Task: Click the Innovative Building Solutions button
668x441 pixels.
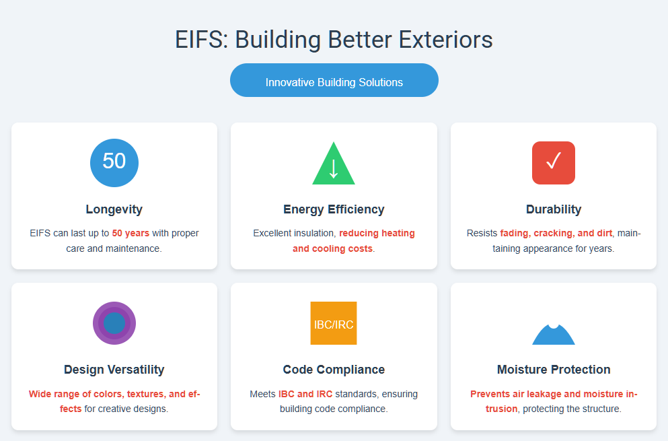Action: point(334,80)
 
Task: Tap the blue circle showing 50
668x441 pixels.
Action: point(114,163)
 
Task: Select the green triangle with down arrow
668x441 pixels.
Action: point(334,164)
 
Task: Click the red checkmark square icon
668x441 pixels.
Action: point(554,163)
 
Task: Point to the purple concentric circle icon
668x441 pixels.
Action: point(114,323)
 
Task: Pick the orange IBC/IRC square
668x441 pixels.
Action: point(334,323)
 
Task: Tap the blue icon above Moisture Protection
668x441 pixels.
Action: point(554,335)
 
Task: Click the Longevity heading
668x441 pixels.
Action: point(114,209)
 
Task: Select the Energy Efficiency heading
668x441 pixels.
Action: point(334,209)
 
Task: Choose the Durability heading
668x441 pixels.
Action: point(554,209)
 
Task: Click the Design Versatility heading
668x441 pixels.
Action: point(114,370)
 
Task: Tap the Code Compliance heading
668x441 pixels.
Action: point(334,370)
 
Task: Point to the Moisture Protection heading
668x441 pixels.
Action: point(554,370)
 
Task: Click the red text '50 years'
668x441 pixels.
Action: point(131,234)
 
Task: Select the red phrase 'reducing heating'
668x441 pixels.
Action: point(377,234)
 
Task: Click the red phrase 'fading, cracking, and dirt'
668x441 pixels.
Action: point(556,234)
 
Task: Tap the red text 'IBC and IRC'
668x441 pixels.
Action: point(305,394)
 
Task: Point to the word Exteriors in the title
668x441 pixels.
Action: point(445,40)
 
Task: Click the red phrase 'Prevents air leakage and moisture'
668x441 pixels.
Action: point(547,394)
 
